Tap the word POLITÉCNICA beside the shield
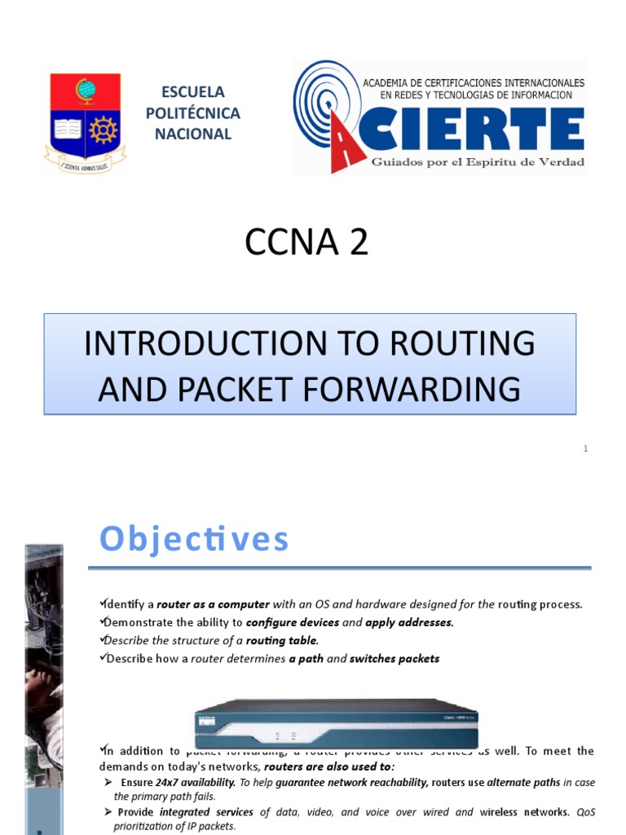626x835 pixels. [192, 113]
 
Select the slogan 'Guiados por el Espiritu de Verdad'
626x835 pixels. [478, 162]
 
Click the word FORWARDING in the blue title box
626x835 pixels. [415, 388]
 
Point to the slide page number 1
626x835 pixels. [585, 448]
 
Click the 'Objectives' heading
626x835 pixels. [194, 539]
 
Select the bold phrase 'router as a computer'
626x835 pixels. [213, 604]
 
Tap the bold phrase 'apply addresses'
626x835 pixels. [408, 622]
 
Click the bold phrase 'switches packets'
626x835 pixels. [395, 658]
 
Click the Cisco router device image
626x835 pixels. [336, 718]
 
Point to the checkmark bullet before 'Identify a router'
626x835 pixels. [102, 603]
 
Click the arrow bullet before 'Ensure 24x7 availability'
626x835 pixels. [108, 782]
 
